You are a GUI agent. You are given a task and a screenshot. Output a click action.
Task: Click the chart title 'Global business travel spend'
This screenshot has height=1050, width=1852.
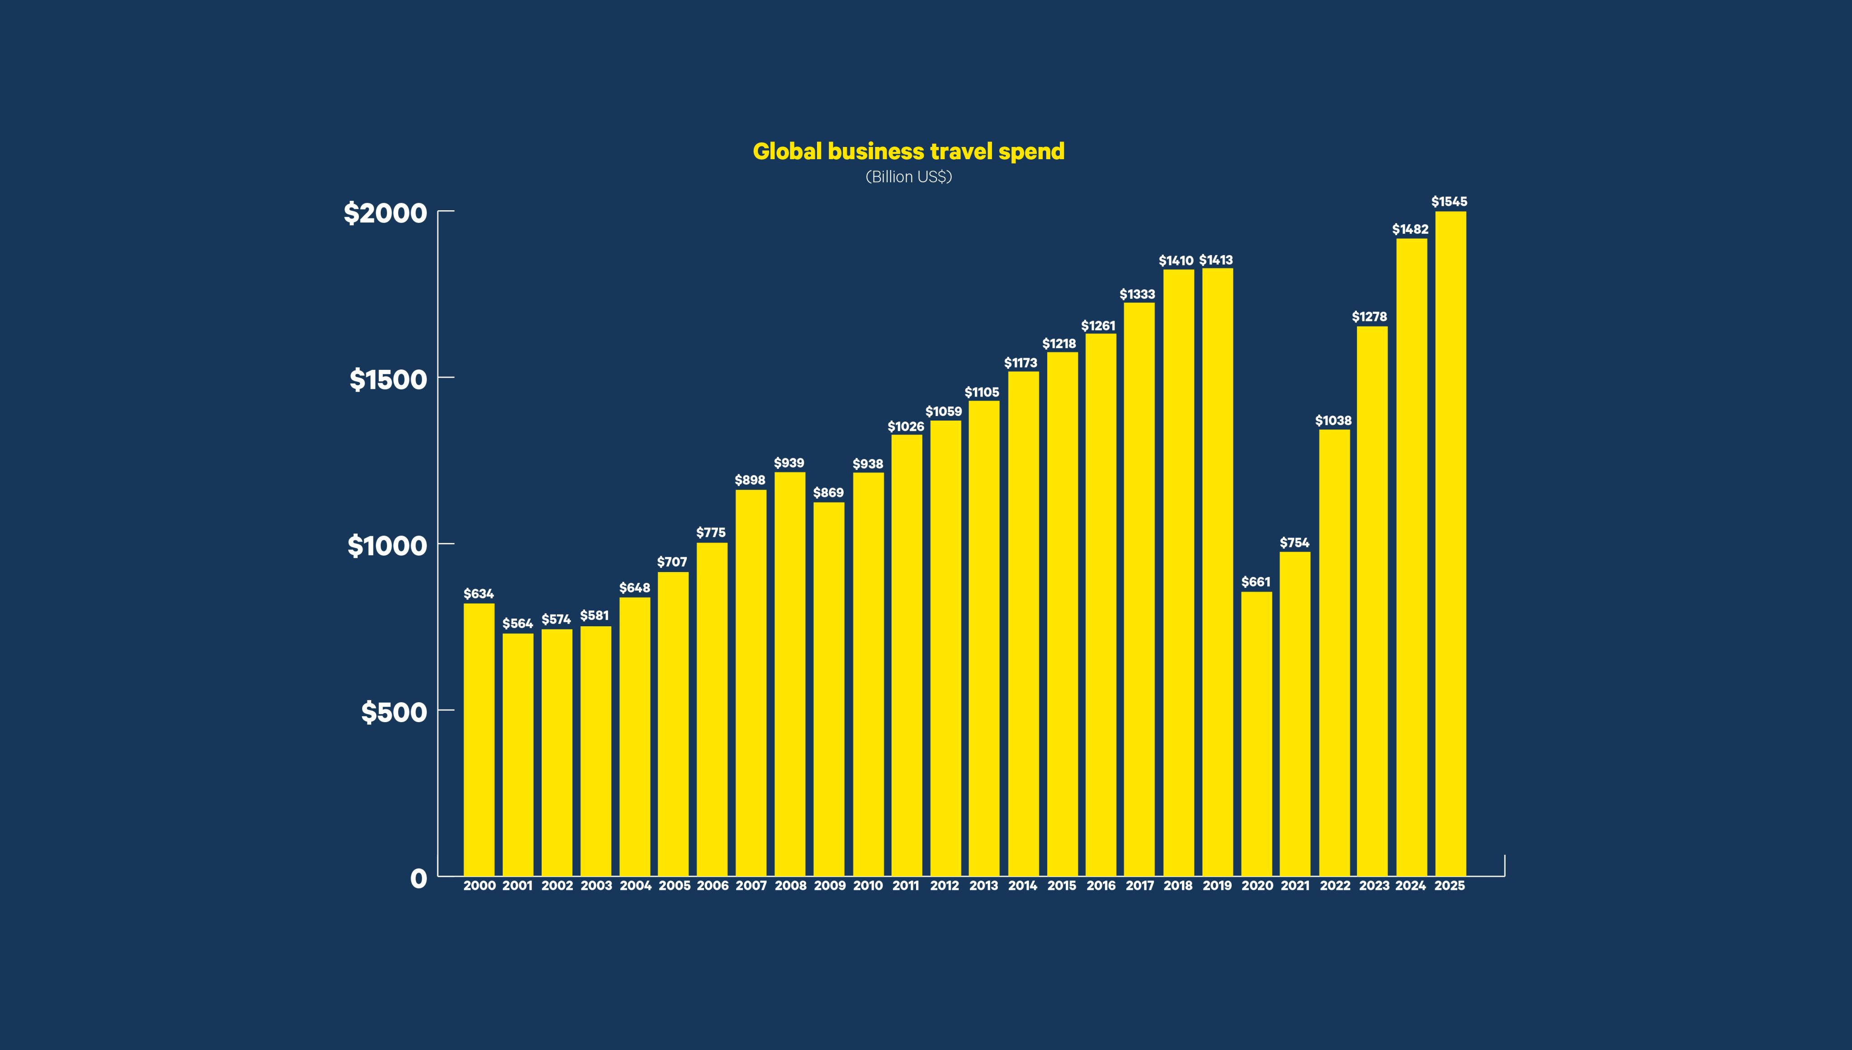click(908, 151)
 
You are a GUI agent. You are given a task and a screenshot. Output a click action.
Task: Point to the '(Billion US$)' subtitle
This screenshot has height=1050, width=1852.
click(908, 177)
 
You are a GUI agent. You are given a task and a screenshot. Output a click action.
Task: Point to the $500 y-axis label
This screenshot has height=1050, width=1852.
click(394, 713)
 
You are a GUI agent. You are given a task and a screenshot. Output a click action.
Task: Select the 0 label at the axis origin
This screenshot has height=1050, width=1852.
click(418, 878)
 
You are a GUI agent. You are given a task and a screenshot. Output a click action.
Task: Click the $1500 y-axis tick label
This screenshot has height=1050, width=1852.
click(388, 379)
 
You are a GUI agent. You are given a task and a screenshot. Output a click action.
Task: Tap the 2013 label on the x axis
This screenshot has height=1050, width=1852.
click(983, 885)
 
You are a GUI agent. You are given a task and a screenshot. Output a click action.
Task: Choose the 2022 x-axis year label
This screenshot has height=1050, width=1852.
click(1334, 885)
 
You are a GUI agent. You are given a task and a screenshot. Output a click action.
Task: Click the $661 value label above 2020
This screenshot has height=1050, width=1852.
click(1256, 582)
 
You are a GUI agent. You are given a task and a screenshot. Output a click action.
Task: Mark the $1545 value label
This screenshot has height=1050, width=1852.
click(1449, 202)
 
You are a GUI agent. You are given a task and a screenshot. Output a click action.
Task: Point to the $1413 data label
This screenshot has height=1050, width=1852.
click(1216, 260)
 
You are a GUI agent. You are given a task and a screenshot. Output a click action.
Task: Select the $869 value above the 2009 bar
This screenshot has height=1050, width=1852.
click(828, 492)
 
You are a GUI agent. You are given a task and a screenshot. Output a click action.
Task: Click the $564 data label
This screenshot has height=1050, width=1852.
click(518, 623)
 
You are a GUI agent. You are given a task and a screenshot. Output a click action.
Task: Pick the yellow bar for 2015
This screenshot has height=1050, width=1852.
click(1062, 613)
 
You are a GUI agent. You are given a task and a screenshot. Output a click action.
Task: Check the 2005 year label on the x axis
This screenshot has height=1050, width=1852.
click(674, 885)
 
